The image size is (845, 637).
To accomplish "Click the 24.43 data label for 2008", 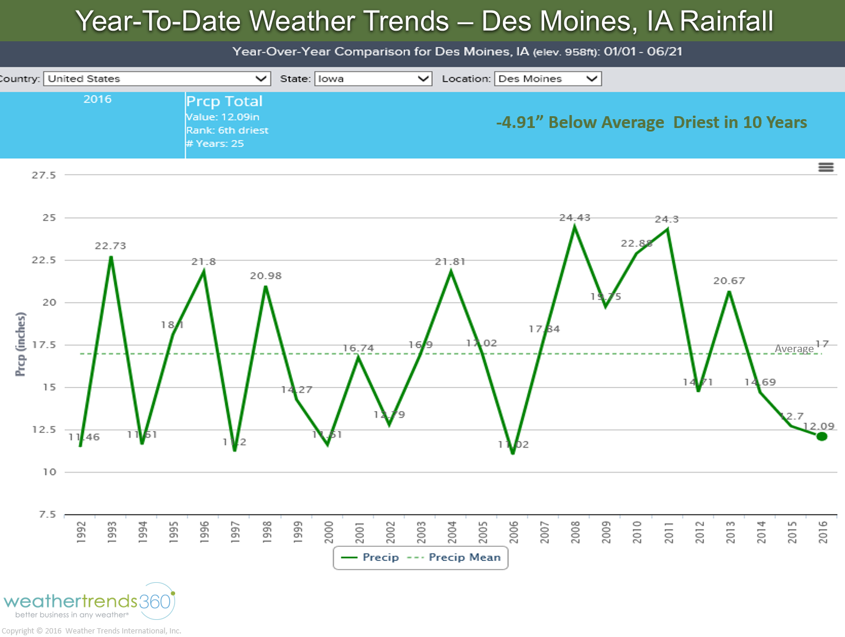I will [x=574, y=218].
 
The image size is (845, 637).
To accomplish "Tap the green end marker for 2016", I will [x=821, y=436].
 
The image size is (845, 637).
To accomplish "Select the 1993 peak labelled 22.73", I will [x=111, y=257].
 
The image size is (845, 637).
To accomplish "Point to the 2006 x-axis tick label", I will [x=514, y=531].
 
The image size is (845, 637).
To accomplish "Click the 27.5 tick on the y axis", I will [x=44, y=175].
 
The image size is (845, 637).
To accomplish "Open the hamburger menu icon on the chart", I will [x=826, y=168].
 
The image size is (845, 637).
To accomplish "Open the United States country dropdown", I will [x=157, y=79].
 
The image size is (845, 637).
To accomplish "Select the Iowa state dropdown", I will [x=373, y=79].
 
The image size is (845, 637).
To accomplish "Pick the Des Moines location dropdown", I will [x=548, y=79].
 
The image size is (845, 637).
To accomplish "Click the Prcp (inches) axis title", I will [x=21, y=344].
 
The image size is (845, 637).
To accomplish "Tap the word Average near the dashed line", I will [x=794, y=349].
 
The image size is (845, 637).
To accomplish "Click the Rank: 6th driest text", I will [x=227, y=130].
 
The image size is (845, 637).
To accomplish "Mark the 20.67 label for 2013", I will [x=729, y=281].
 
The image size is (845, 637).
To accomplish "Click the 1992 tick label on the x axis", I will [x=81, y=531].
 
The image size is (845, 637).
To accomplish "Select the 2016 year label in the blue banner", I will [x=97, y=99].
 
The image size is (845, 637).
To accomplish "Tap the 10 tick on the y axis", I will [x=50, y=472].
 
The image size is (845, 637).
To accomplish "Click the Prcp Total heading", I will [x=224, y=101].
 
